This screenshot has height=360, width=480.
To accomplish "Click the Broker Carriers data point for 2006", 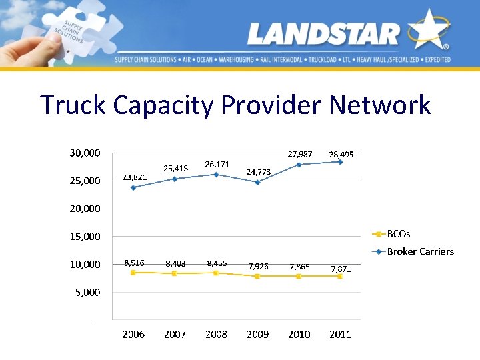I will click(x=133, y=187).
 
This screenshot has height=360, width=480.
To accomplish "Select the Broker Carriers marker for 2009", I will click(x=257, y=182).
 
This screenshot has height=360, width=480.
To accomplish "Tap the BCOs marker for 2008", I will click(x=216, y=273).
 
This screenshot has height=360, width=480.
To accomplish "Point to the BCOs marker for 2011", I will click(x=340, y=276).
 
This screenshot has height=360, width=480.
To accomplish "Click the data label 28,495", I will click(x=341, y=155).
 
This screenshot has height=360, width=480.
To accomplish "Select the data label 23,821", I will click(x=134, y=177).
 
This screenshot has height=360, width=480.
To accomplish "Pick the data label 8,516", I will click(x=134, y=263).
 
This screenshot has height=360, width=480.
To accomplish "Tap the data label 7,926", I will click(x=258, y=267).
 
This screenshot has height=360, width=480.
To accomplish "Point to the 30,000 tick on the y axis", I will click(x=85, y=153).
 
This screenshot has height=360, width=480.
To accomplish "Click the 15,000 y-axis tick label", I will click(x=85, y=237).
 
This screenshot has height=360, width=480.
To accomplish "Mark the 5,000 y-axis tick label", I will click(x=87, y=293).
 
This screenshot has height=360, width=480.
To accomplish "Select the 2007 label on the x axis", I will click(x=175, y=335).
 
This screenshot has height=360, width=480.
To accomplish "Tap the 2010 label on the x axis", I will click(x=299, y=335).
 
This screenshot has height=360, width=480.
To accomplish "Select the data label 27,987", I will click(x=299, y=155).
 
